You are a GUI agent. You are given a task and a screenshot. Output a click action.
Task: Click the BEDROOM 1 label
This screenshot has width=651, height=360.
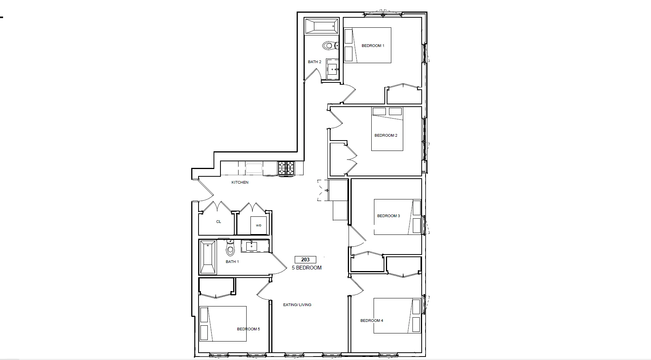click(373, 46)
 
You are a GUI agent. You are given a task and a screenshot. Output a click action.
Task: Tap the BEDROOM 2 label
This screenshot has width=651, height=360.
click(386, 136)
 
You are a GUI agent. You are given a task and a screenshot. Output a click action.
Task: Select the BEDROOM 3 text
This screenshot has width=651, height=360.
click(388, 216)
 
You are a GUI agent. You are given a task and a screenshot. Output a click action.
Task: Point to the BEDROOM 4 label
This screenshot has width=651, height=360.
click(372, 321)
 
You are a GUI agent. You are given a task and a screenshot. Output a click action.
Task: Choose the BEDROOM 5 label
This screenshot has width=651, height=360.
click(248, 329)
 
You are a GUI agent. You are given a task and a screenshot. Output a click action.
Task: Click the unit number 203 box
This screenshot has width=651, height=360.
click(305, 260)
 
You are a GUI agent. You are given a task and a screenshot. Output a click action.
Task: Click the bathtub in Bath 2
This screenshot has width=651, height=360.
click(321, 27)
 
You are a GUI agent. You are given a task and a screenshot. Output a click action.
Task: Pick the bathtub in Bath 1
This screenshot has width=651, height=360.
click(208, 257)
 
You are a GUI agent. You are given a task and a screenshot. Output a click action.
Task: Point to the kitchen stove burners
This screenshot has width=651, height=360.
click(286, 168)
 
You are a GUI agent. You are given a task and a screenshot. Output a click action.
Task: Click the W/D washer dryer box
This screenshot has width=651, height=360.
click(258, 225)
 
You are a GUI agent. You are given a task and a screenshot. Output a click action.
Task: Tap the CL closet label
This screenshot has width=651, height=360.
click(219, 222)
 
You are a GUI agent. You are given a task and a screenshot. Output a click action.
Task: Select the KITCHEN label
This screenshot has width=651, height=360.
click(240, 183)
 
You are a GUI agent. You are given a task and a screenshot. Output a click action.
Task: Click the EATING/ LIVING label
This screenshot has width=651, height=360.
click(297, 305)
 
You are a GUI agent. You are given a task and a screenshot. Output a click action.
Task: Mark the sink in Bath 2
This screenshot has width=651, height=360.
click(332, 70)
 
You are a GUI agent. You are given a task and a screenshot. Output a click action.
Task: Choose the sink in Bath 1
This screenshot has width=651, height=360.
click(252, 246)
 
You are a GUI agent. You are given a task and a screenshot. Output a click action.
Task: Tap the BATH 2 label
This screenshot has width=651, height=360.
click(314, 62)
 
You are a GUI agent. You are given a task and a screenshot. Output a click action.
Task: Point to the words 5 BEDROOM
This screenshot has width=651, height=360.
click(307, 268)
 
